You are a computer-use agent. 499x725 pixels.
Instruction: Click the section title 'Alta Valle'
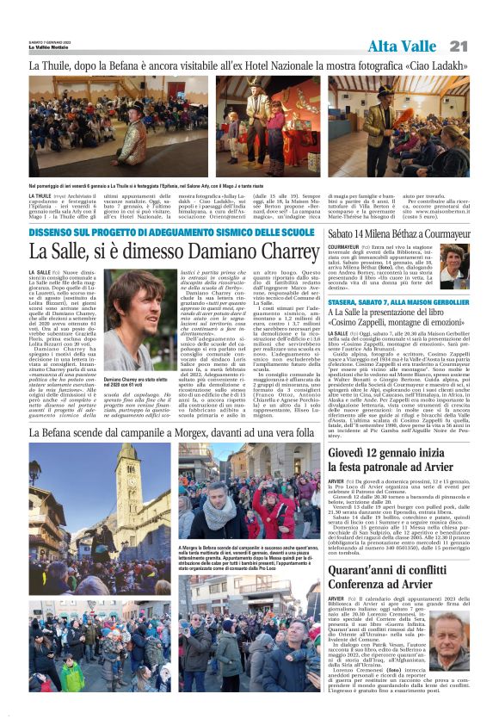(403, 46)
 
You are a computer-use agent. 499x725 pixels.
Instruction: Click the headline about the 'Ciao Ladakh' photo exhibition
(249, 65)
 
